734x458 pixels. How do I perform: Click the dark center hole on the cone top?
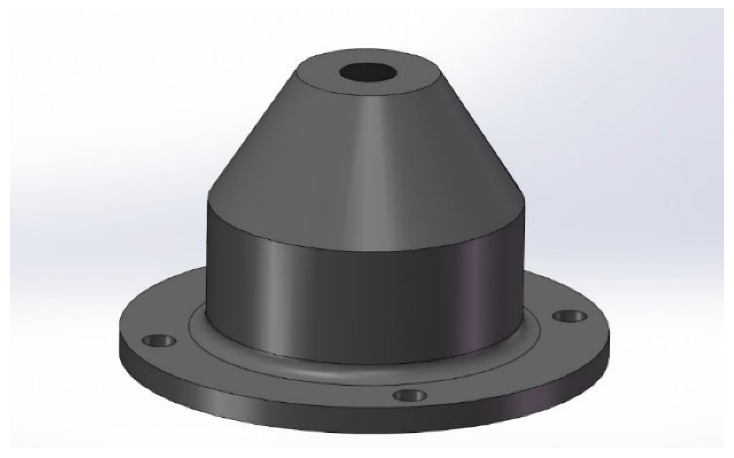coord(368,73)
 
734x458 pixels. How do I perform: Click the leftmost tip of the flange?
coord(120,344)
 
